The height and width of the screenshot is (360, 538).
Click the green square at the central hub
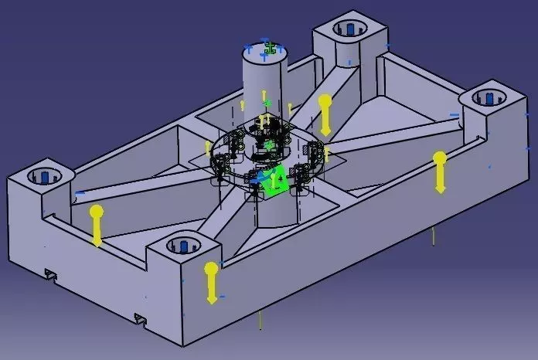[x=276, y=180]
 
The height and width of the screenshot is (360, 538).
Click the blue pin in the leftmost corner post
[x=45, y=176]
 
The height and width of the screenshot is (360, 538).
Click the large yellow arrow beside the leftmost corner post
[x=97, y=225]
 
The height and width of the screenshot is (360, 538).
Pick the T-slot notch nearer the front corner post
[x=141, y=318]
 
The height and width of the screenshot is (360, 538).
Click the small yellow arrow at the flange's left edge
[x=207, y=147]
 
